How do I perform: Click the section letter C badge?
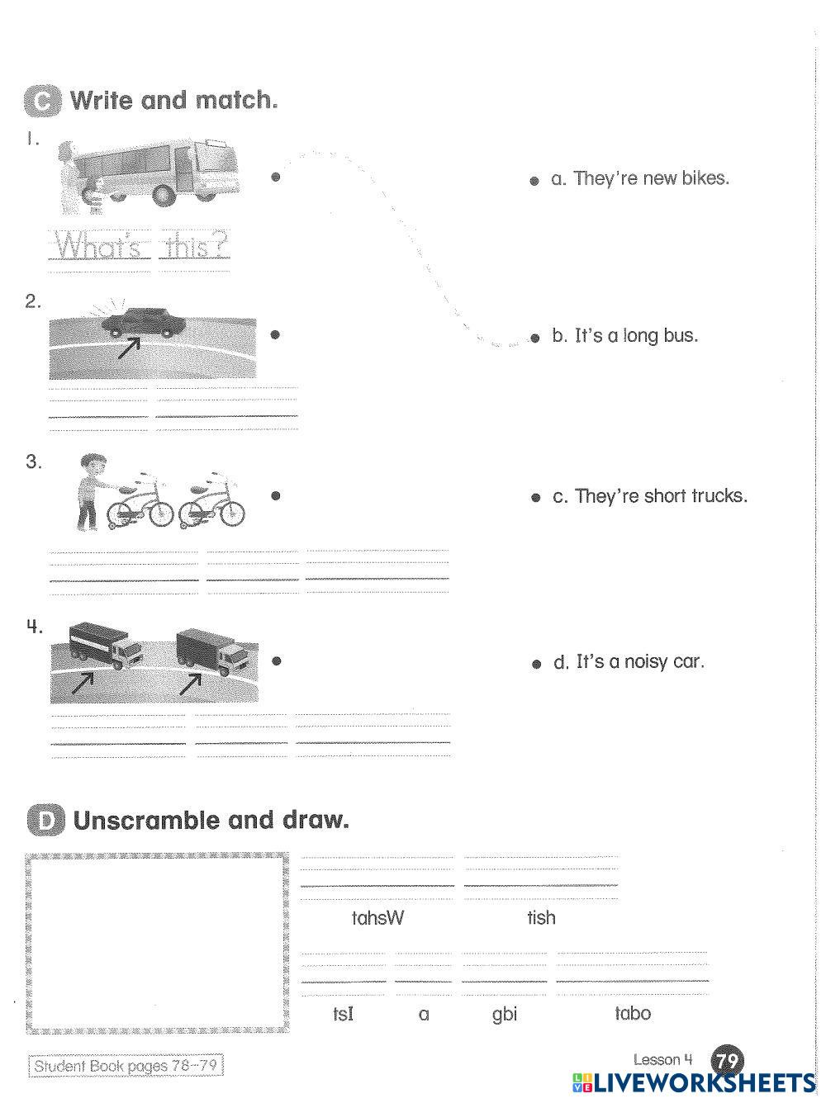point(42,101)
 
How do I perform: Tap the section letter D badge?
point(44,821)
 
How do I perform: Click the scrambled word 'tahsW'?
point(377,918)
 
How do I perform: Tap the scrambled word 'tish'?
point(541,918)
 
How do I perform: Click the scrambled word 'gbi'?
point(504,1014)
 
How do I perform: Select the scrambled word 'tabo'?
point(633,1013)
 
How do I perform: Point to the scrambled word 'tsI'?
point(343,1014)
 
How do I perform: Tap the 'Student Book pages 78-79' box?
point(126,1066)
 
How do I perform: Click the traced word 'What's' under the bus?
point(100,246)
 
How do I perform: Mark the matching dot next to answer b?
point(534,338)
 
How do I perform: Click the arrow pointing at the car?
point(128,348)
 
